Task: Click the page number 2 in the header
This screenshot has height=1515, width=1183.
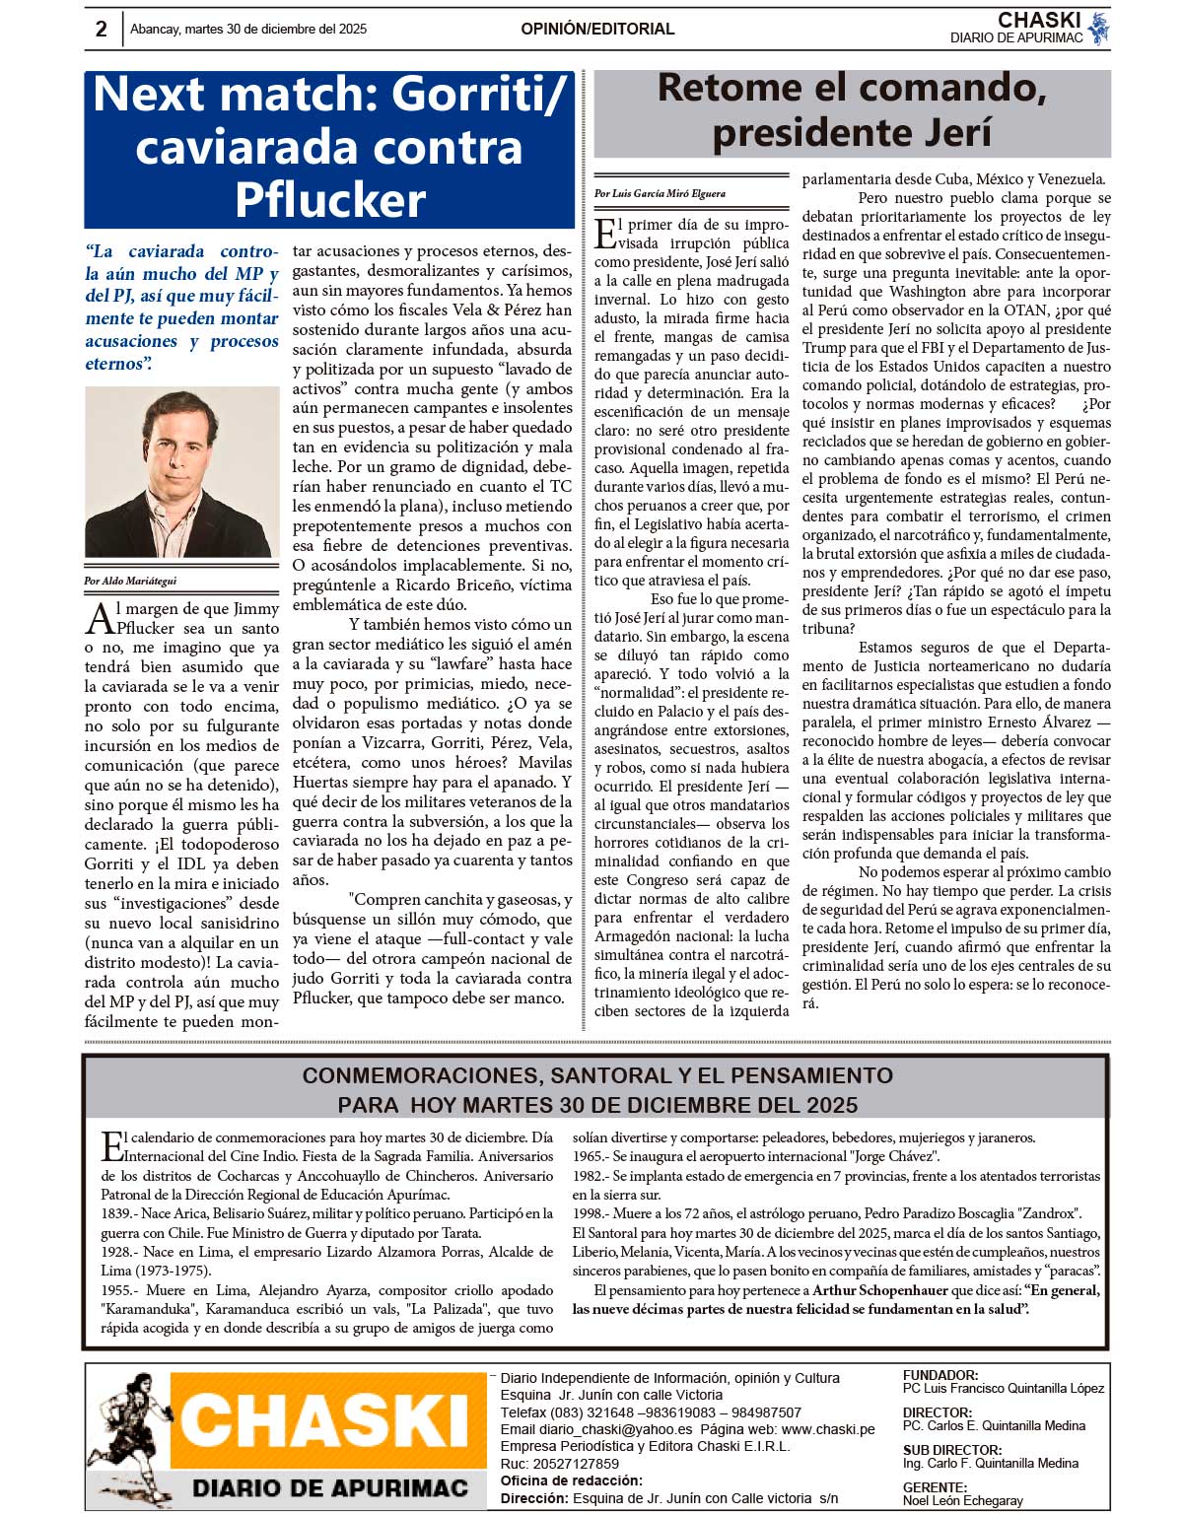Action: point(101,29)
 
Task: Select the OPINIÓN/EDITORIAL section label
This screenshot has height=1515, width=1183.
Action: point(597,30)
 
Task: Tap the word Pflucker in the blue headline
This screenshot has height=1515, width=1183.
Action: point(329,200)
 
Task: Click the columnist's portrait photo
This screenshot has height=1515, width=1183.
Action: point(181,472)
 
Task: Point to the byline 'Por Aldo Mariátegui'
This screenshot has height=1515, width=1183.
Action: point(130,581)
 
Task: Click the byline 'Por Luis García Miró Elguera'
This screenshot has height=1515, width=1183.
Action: point(660,193)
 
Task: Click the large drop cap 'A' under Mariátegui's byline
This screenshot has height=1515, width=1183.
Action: point(100,619)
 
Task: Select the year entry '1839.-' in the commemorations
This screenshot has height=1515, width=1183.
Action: point(119,1213)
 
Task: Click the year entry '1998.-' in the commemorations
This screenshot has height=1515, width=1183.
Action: point(591,1213)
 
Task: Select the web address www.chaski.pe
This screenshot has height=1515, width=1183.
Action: point(828,1429)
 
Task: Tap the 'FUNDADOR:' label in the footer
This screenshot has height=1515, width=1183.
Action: point(940,1375)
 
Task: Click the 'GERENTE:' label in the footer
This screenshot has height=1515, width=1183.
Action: point(935,1487)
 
